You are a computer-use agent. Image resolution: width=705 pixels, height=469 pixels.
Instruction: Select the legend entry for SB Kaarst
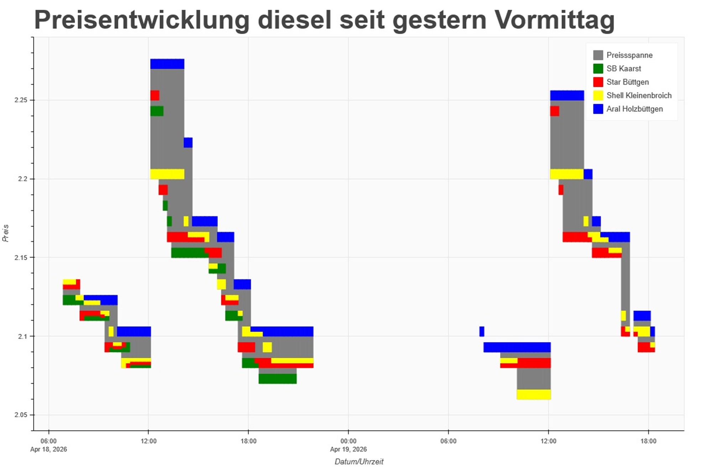click(x=623, y=69)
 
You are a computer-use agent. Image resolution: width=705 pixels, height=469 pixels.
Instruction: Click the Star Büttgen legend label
click(x=627, y=82)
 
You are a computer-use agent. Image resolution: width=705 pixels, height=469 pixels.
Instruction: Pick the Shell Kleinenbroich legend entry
click(x=639, y=96)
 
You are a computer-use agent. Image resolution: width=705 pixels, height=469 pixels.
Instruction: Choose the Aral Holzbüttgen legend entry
click(x=634, y=109)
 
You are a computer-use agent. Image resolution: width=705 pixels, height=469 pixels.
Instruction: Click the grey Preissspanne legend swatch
click(x=598, y=55)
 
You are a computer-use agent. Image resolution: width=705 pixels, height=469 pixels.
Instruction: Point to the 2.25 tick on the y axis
click(x=21, y=100)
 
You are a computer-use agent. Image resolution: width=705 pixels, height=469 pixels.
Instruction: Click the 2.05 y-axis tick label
click(x=21, y=415)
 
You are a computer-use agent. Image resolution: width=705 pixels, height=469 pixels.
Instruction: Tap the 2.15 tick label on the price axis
click(x=21, y=257)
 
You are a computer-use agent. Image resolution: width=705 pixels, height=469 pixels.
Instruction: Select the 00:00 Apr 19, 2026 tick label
click(x=348, y=445)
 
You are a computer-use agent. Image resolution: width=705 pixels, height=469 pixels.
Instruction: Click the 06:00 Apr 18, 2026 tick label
click(x=48, y=445)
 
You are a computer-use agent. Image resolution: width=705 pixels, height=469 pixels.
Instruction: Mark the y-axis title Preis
click(x=6, y=233)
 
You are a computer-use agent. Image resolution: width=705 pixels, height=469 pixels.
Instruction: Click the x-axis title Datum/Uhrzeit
click(x=359, y=462)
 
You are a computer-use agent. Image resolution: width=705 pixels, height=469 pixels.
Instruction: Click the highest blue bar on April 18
click(x=167, y=64)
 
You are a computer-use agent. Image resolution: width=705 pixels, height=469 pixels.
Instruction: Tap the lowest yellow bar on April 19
click(x=533, y=394)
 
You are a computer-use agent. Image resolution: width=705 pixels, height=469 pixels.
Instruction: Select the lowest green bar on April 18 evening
click(x=277, y=379)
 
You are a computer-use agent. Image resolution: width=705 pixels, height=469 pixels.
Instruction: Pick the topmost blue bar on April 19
click(x=567, y=95)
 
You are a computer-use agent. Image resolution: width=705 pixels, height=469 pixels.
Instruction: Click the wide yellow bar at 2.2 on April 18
click(x=167, y=174)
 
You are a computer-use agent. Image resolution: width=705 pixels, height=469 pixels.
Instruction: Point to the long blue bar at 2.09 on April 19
click(x=517, y=347)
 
